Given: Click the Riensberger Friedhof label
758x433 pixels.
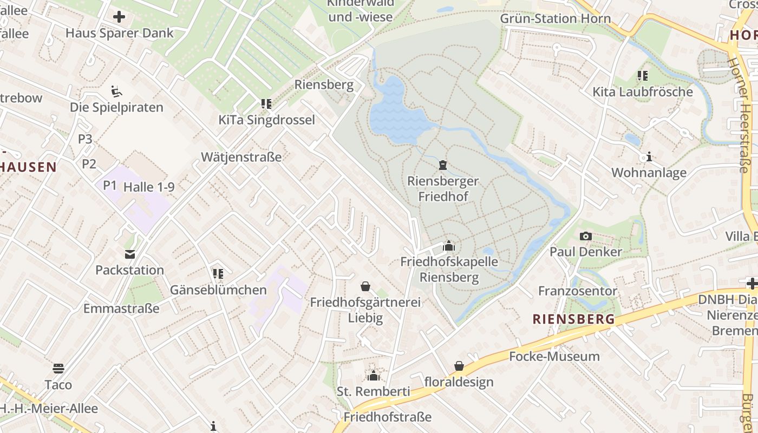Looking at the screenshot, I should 443,188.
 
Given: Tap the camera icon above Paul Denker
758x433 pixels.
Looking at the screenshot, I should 585,236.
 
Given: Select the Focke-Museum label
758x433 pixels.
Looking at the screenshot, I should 554,356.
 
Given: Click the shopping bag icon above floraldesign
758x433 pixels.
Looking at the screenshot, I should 459,366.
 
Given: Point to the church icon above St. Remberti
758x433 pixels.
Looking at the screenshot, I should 374,376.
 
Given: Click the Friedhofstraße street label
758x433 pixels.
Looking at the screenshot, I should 388,417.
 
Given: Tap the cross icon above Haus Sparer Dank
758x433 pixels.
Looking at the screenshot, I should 119,17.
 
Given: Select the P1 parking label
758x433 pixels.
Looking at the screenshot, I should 110,185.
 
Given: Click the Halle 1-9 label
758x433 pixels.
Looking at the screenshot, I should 149,187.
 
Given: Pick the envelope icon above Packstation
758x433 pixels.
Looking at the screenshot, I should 130,254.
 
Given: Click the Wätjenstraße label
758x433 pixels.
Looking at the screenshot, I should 241,157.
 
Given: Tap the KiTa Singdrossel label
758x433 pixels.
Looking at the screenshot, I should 266,120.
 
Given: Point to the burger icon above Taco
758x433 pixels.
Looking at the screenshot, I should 58,369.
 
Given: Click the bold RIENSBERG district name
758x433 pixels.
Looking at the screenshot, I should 574,319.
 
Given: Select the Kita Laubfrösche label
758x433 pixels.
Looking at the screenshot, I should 643,91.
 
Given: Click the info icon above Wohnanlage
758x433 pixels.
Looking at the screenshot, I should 649,158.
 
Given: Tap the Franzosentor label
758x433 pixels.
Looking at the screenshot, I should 577,291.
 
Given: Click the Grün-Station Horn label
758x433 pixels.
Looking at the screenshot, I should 555,18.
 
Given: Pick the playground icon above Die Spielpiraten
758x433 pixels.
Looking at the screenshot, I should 116,90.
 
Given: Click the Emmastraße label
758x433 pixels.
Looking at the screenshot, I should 121,309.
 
